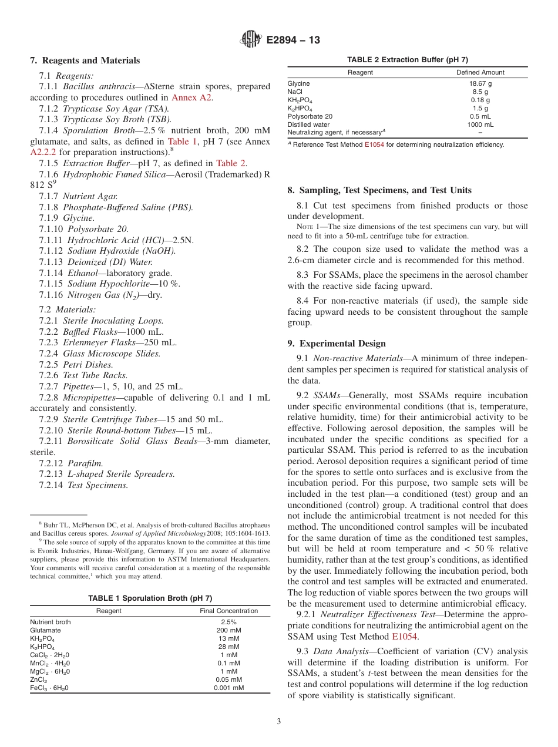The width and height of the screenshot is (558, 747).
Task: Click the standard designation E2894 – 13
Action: point(293,41)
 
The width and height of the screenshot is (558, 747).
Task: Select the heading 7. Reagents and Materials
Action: point(85,60)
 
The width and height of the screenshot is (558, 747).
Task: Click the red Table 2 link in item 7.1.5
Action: point(231,163)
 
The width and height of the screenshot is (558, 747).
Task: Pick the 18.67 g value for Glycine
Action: point(480,83)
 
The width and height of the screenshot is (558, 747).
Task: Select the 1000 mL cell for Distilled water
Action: point(480,124)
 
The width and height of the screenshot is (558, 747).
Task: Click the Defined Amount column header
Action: point(480,72)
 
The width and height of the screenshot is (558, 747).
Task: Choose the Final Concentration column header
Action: point(228,611)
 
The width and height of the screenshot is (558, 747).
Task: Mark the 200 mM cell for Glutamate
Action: point(228,630)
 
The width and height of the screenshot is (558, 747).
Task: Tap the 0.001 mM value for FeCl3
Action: point(228,688)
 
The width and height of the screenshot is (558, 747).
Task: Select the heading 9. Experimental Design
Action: point(337,344)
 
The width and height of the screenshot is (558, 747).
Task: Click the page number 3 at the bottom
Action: point(278,721)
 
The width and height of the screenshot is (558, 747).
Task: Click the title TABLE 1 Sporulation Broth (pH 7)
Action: point(150,598)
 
